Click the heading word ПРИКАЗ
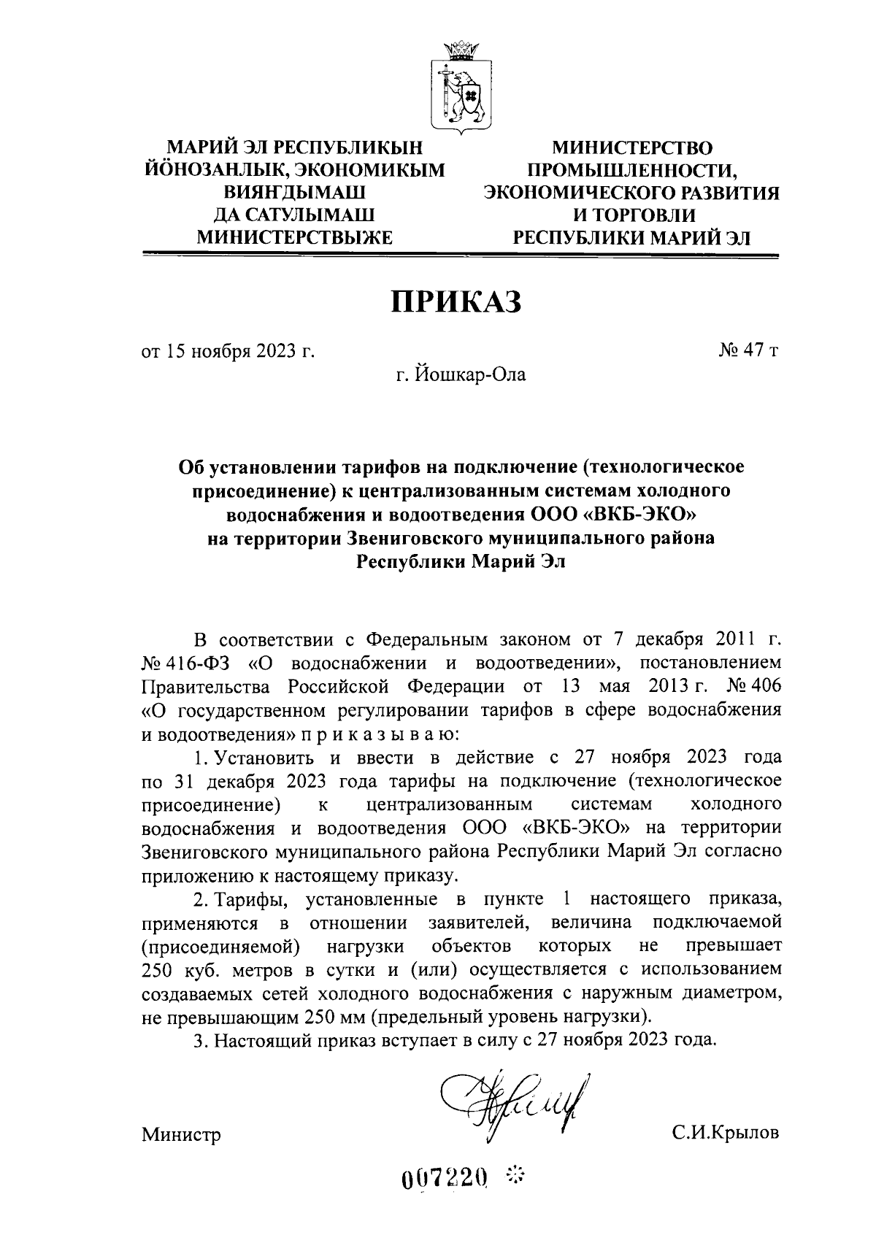click(458, 301)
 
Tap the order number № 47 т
click(749, 351)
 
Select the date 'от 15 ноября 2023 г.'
click(228, 351)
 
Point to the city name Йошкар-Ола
click(471, 375)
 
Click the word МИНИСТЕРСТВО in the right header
click(631, 149)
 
